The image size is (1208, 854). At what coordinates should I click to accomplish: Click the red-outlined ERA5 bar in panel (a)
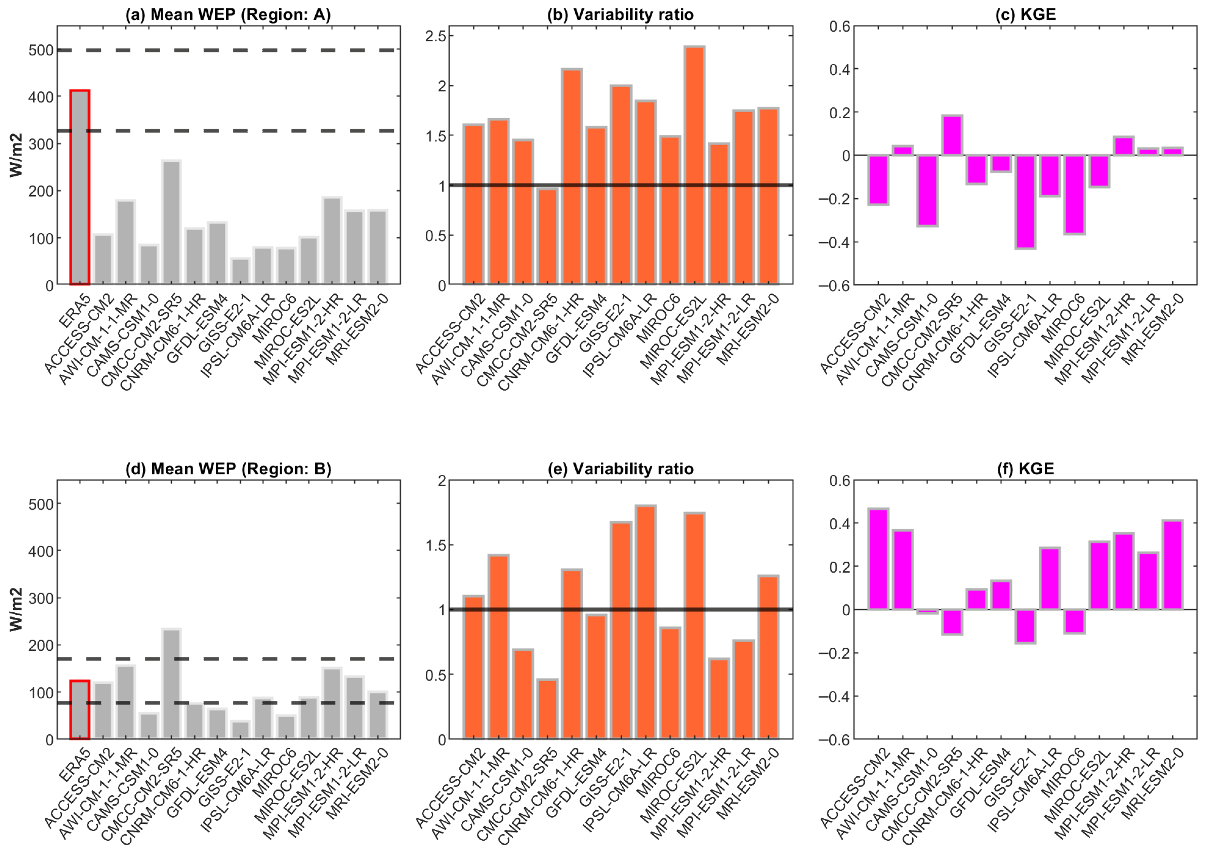click(x=80, y=187)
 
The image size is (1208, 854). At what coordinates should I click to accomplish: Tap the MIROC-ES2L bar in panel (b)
click(x=695, y=166)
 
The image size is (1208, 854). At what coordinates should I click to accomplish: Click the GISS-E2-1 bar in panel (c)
click(x=1026, y=202)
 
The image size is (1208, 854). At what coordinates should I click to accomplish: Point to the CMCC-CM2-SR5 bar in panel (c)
click(x=952, y=135)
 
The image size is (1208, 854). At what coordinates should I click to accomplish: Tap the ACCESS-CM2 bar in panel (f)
click(x=878, y=559)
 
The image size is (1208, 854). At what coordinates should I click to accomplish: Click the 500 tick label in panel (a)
click(x=41, y=50)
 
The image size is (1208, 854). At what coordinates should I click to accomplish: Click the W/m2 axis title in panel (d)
click(x=17, y=609)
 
